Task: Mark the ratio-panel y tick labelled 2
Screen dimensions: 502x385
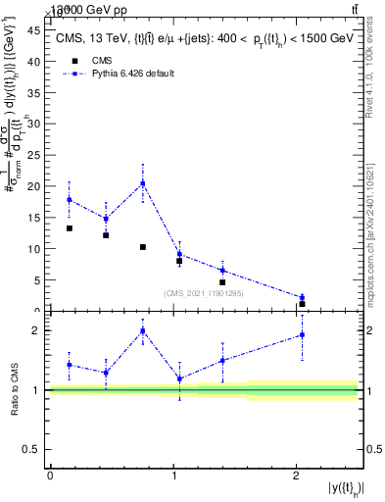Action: (37, 330)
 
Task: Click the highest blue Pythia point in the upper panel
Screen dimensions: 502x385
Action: (143, 183)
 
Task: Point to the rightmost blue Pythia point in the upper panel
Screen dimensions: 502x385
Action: (302, 297)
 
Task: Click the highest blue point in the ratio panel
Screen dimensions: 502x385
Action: (143, 330)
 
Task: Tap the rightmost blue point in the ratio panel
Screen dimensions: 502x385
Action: (302, 334)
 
